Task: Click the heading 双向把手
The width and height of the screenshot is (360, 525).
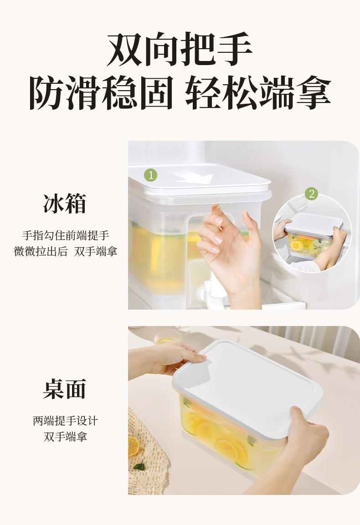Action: pyautogui.click(x=180, y=49)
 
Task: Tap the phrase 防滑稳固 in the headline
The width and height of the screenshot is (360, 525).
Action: pyautogui.click(x=101, y=92)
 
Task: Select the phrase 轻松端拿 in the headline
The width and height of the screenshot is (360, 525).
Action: pyautogui.click(x=258, y=92)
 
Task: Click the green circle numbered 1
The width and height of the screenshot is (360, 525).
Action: pyautogui.click(x=150, y=175)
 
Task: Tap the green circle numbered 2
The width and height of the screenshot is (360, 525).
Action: pyautogui.click(x=311, y=194)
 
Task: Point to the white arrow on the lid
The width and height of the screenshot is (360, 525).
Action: pyautogui.click(x=196, y=177)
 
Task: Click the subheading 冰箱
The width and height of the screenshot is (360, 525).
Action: pyautogui.click(x=65, y=203)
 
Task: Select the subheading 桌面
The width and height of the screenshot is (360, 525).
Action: pyautogui.click(x=65, y=389)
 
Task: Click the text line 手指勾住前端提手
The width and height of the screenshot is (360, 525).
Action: pyautogui.click(x=66, y=235)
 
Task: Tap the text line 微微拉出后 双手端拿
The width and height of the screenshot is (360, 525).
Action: pyautogui.click(x=66, y=251)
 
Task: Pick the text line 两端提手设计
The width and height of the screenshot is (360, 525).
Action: pyautogui.click(x=65, y=421)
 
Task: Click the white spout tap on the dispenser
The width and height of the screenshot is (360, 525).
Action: pyautogui.click(x=206, y=295)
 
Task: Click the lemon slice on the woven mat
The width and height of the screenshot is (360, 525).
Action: pyautogui.click(x=134, y=446)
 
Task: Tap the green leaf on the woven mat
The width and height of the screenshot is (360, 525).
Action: pyautogui.click(x=139, y=466)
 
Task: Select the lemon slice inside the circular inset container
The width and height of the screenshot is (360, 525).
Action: pyautogui.click(x=296, y=245)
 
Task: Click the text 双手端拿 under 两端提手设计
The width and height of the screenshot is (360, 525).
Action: pyautogui.click(x=65, y=437)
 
